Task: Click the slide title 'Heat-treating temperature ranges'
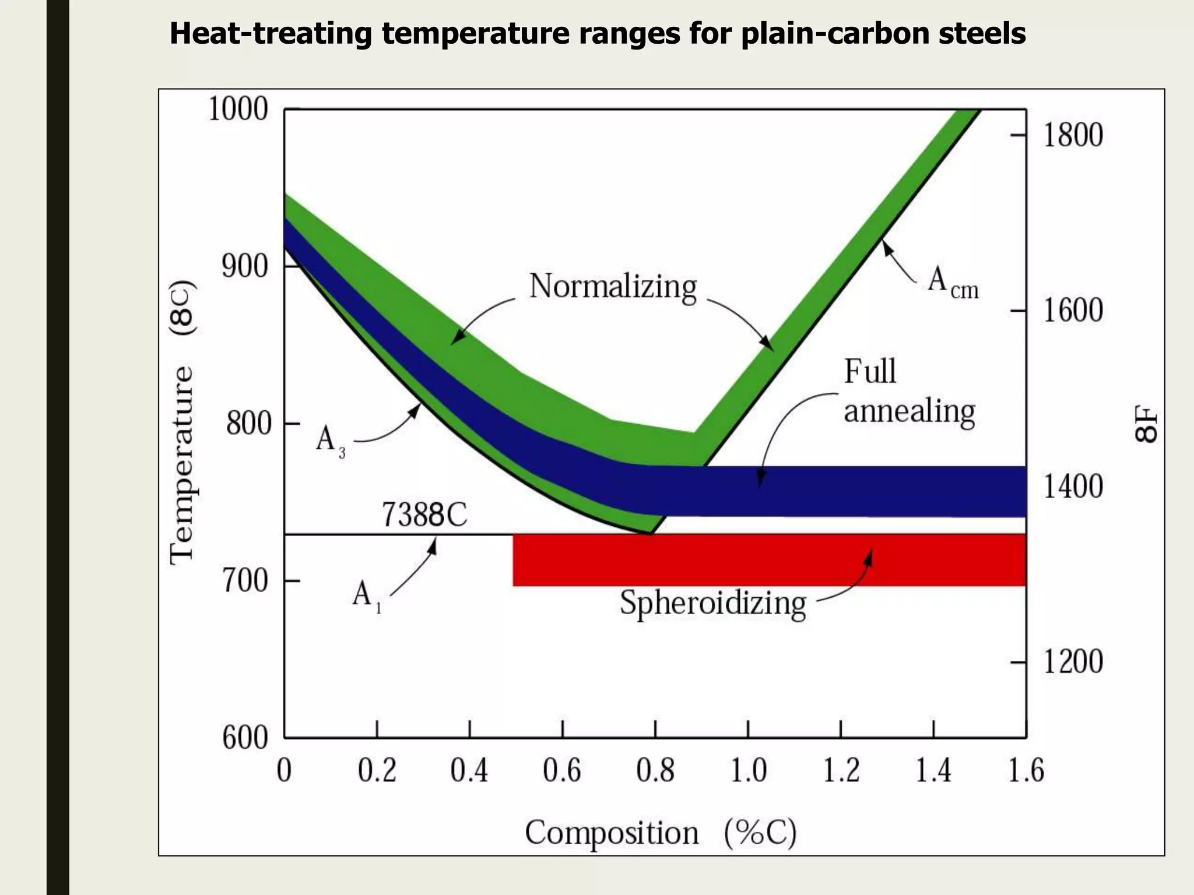click(x=597, y=34)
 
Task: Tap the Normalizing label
click(x=613, y=287)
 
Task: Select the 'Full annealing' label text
click(x=908, y=392)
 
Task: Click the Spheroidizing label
click(x=712, y=603)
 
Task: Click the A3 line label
click(x=330, y=441)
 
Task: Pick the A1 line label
click(x=366, y=597)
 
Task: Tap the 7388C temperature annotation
click(x=424, y=515)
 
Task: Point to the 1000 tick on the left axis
click(x=238, y=110)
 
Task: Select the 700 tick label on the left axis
click(x=245, y=581)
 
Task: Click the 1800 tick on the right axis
click(x=1072, y=135)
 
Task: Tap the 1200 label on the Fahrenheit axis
click(x=1072, y=662)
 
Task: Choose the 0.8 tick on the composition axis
click(x=655, y=771)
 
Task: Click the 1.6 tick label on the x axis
click(x=1026, y=771)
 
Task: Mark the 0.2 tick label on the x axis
click(x=377, y=771)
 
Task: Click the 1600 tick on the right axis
click(x=1072, y=311)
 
